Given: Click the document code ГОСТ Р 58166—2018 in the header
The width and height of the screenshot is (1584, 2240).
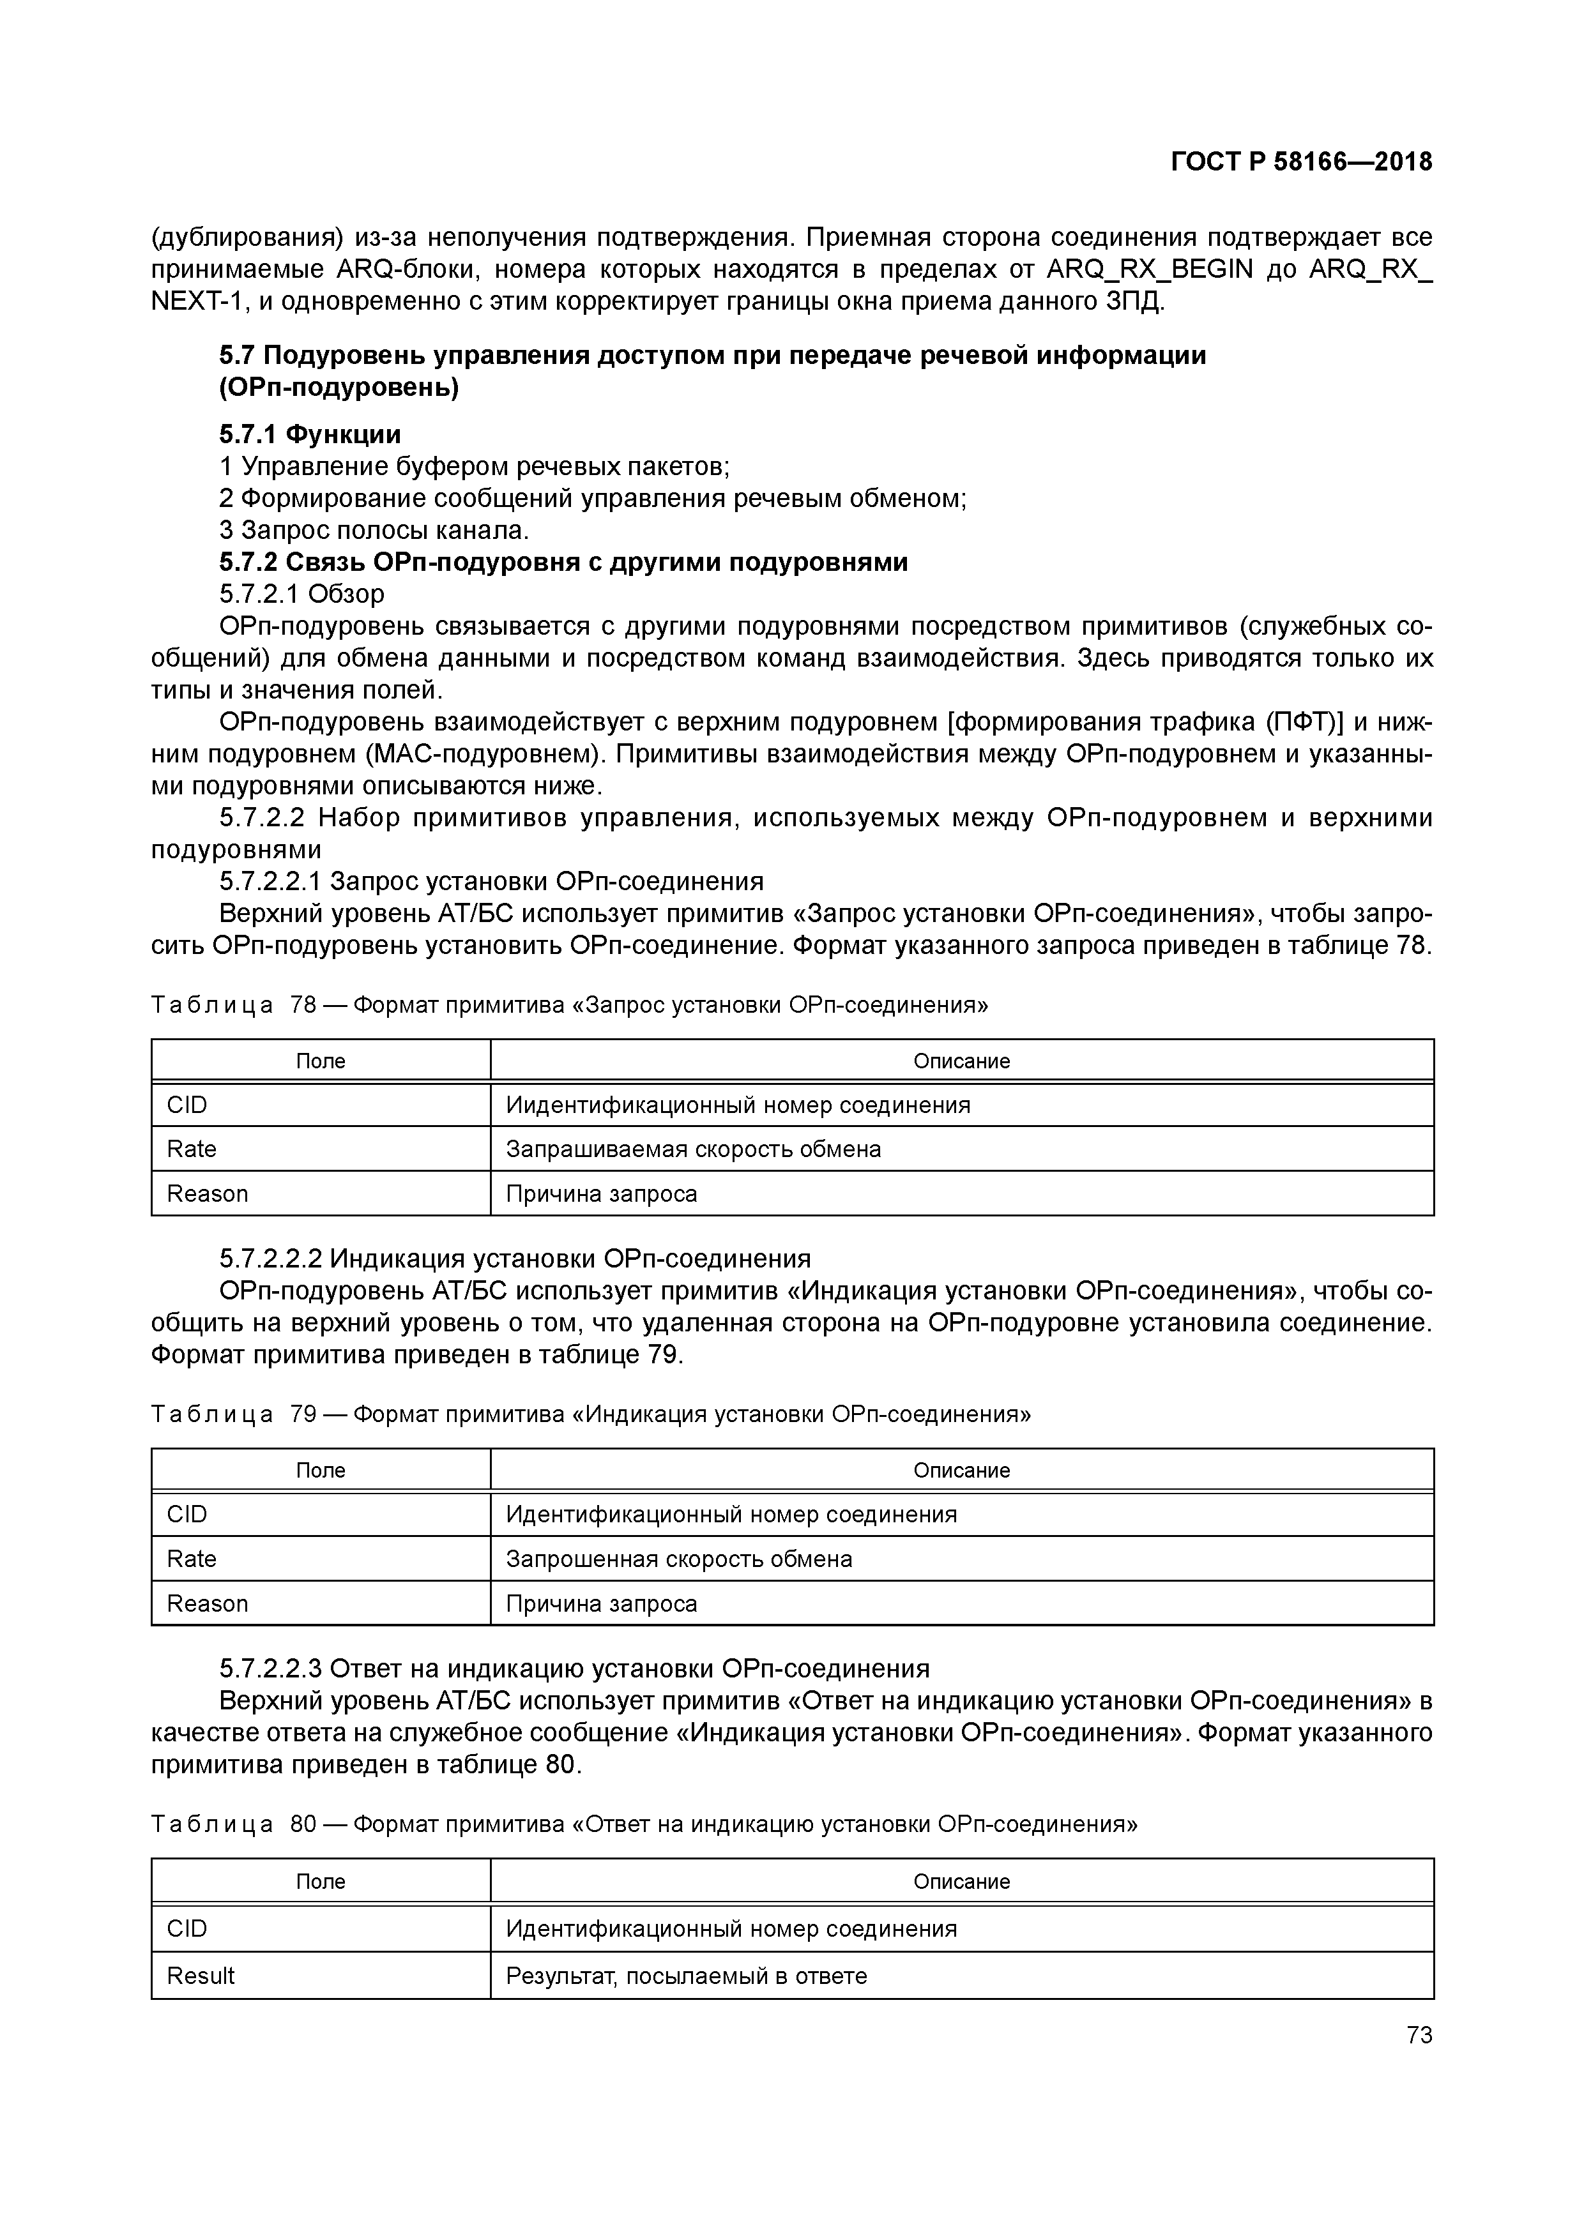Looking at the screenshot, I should click(1301, 162).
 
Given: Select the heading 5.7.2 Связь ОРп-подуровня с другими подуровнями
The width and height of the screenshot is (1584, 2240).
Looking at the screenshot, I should click(563, 562).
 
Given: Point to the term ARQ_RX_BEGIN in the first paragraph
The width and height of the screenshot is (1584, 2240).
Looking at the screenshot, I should click(1148, 269).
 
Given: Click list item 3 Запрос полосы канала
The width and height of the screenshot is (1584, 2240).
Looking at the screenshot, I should click(374, 530).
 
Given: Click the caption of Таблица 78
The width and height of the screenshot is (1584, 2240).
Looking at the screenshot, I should click(569, 1005).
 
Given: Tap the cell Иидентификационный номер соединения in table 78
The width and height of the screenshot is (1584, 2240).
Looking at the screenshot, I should click(738, 1105).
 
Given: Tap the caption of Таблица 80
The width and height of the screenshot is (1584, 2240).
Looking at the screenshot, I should click(644, 1824).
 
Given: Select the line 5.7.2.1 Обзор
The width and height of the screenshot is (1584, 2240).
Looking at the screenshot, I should click(301, 594).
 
